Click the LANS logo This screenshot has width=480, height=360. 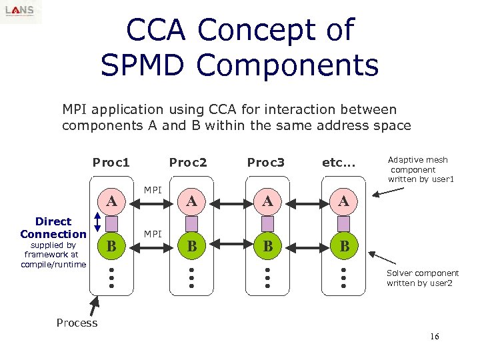pos(21,11)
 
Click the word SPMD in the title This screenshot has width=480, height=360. pos(144,65)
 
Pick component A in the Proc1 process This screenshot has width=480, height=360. pos(113,201)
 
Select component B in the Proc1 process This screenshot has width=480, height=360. pos(113,246)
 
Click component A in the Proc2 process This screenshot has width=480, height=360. pos(191,201)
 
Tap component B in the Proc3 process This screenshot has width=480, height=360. pos(267,246)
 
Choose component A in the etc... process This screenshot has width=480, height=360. pos(344,201)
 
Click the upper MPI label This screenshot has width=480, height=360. pos(153,191)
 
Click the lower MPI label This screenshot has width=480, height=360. pos(153,234)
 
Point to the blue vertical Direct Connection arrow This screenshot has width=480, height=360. pos(98,223)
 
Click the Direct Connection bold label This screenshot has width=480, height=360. pos(53,227)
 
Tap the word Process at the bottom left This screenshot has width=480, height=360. pos(77,323)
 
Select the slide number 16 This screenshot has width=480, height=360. pos(434,337)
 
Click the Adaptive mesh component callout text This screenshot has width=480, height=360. pos(421,169)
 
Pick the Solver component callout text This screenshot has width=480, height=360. pos(423,278)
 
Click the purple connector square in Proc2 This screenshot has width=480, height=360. pos(191,223)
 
